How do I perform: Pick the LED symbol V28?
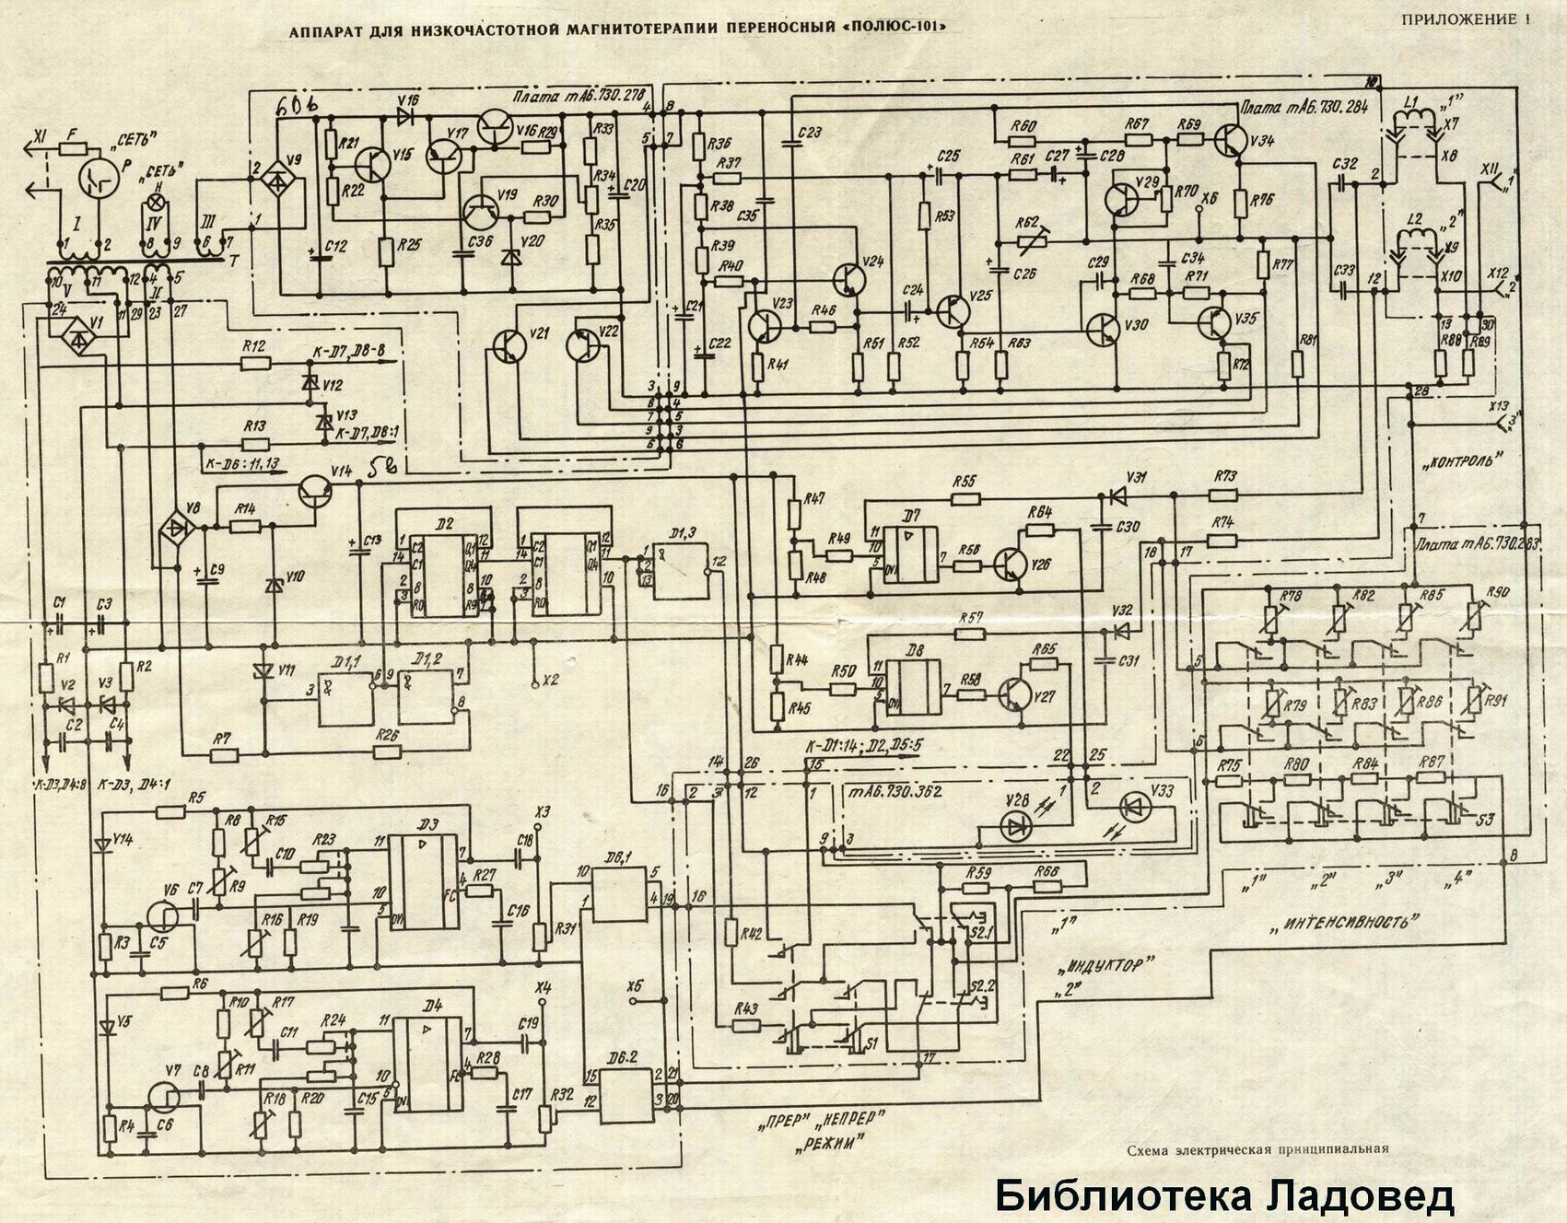tap(1017, 828)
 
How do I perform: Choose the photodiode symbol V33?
tap(1133, 808)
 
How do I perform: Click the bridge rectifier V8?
tap(174, 529)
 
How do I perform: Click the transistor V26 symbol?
tap(1012, 564)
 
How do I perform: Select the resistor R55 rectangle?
tap(966, 498)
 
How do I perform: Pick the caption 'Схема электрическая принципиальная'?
tap(1257, 1148)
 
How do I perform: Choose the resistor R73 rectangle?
tap(1224, 494)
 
